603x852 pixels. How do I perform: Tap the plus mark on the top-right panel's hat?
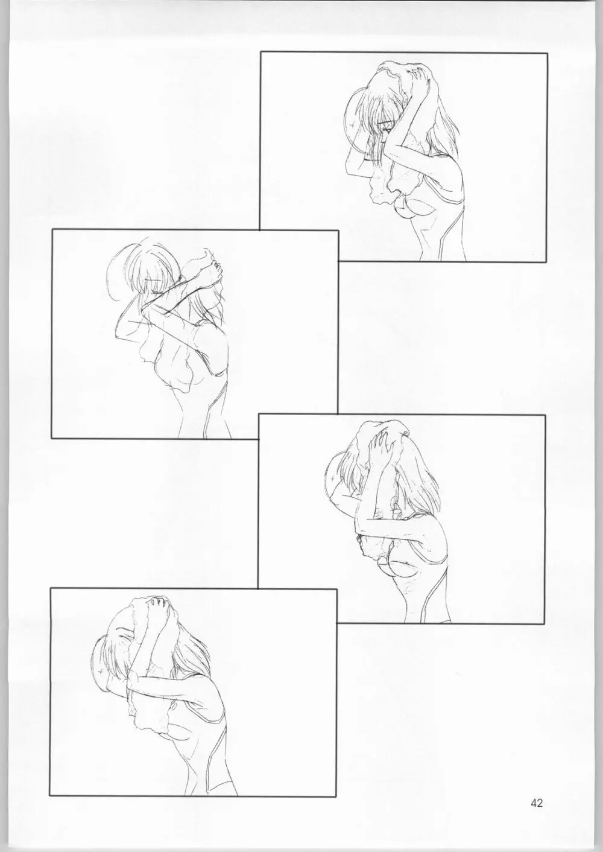click(353, 124)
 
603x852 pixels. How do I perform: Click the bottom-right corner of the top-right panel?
click(546, 262)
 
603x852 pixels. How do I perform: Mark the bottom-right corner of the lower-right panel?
click(544, 624)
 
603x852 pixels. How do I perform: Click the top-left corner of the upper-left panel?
click(52, 229)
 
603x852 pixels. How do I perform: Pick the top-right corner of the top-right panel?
click(547, 54)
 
